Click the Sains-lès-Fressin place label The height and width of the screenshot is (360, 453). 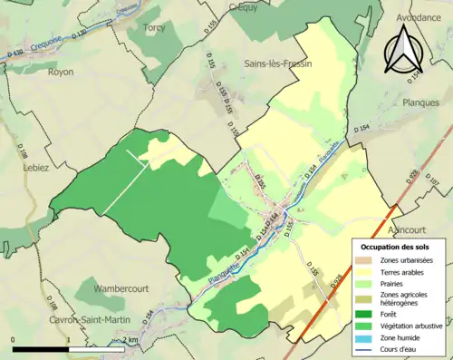pyautogui.click(x=278, y=64)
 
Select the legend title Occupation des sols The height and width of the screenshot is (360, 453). pyautogui.click(x=394, y=247)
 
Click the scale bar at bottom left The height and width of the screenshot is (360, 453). pyautogui.click(x=68, y=347)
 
